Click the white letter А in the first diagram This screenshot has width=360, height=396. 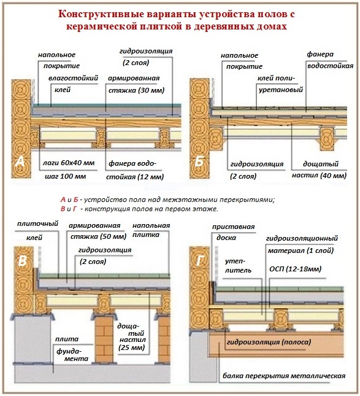[20, 162]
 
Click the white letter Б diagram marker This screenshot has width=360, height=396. [199, 162]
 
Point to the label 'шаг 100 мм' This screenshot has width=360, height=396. [61, 176]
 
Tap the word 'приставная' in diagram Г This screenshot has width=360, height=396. [233, 227]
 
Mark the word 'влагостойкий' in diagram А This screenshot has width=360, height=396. [71, 78]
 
